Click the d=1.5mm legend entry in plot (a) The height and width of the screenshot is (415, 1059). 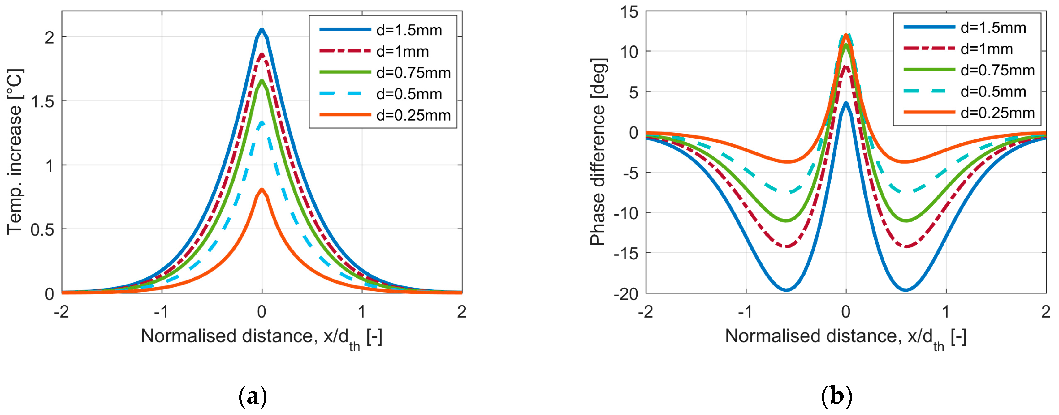pos(409,30)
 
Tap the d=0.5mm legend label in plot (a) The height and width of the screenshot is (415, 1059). pos(409,94)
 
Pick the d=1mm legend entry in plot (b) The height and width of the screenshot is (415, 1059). pos(986,49)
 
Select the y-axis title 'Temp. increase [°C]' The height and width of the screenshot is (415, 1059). pos(15,152)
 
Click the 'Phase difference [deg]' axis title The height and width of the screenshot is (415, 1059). pos(598,152)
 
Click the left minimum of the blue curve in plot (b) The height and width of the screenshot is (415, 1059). pos(786,290)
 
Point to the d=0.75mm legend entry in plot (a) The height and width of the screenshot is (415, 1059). pos(413,73)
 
